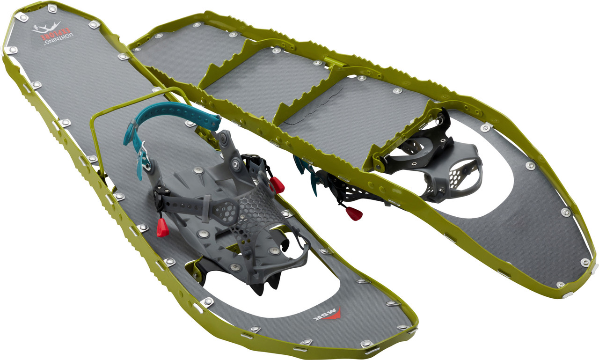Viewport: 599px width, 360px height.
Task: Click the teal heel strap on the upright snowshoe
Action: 173,124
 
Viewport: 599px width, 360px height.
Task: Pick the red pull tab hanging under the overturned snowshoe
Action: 354,213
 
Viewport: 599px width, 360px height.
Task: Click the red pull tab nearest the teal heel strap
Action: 278,186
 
